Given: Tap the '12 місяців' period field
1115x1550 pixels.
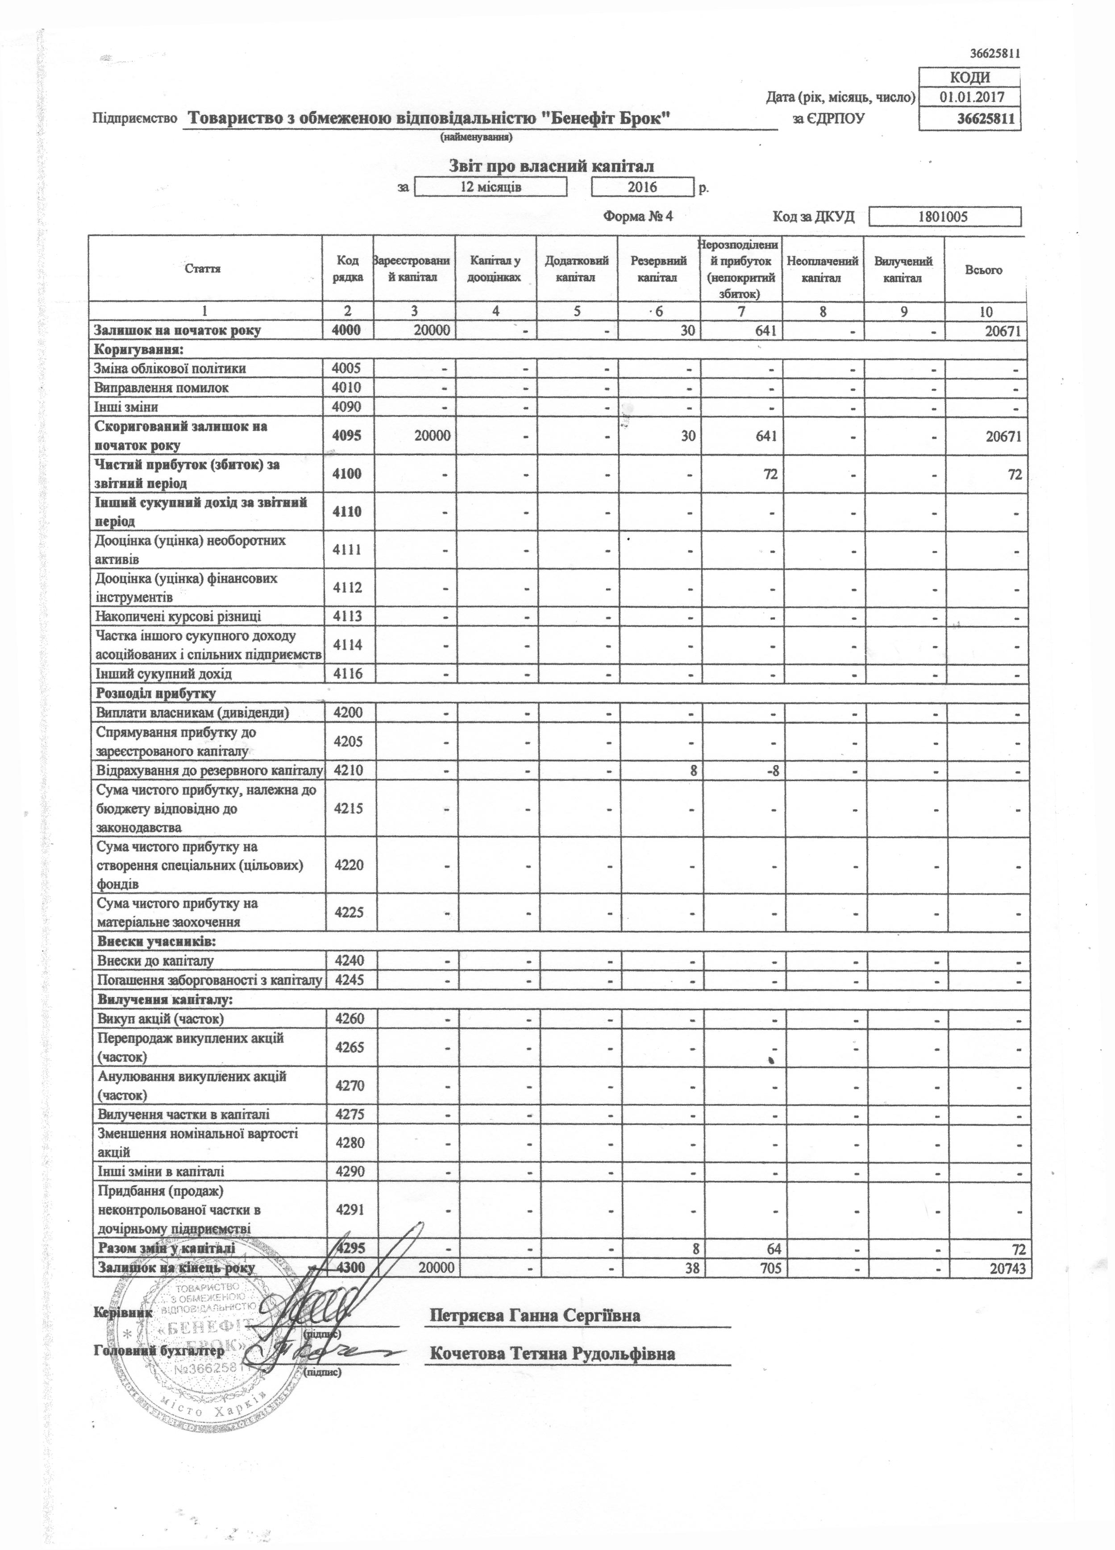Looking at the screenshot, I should (491, 186).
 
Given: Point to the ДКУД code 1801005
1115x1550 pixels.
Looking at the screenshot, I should (944, 217).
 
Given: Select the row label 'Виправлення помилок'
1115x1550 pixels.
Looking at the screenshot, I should (161, 387).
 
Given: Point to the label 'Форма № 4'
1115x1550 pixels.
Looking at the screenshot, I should (638, 217).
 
